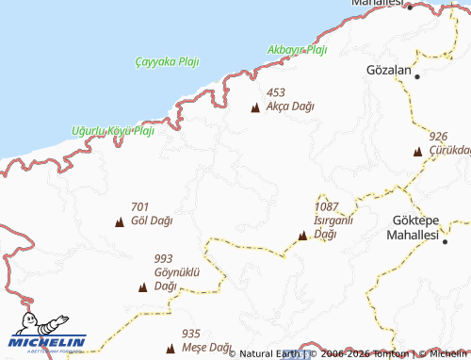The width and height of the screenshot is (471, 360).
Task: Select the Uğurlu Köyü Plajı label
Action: point(112,130)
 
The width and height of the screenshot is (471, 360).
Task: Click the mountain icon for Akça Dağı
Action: point(255,107)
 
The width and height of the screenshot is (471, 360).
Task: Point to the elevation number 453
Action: point(276,92)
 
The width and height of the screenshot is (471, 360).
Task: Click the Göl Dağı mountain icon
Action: point(120,222)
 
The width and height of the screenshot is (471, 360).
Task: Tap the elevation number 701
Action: point(140,207)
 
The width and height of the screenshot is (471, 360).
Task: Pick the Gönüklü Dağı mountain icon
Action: point(142,287)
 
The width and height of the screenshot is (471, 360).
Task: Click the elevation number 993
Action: point(163,258)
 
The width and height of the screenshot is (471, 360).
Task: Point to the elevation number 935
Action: point(191,333)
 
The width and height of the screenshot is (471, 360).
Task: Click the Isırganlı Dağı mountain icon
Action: point(302,236)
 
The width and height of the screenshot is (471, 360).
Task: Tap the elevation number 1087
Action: point(327,206)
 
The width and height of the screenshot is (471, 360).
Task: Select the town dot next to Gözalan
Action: point(416,74)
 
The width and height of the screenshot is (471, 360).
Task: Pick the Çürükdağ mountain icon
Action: point(417,151)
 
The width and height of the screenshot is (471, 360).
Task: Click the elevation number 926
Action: point(438,137)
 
